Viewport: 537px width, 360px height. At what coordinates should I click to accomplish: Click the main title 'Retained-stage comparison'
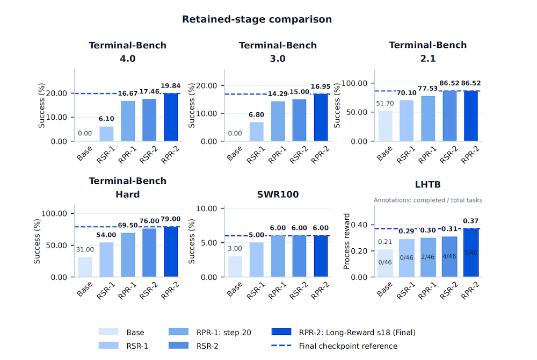click(x=257, y=19)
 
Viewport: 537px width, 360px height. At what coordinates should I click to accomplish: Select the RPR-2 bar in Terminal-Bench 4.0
click(x=171, y=117)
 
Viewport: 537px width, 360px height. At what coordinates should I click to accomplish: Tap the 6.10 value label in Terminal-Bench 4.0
click(x=106, y=119)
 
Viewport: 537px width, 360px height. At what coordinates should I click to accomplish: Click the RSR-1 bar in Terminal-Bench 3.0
click(x=257, y=132)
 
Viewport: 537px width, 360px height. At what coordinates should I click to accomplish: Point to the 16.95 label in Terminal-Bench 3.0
click(x=321, y=87)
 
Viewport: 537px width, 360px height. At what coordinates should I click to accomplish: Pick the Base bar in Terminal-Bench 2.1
click(x=385, y=126)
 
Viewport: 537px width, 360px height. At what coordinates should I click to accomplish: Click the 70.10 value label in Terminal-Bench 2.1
click(x=407, y=93)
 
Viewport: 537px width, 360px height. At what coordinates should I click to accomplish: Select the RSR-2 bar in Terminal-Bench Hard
click(x=149, y=253)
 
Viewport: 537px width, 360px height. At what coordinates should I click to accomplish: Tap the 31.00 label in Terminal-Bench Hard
click(x=85, y=250)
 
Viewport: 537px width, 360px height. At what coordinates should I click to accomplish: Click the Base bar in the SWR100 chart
click(x=235, y=267)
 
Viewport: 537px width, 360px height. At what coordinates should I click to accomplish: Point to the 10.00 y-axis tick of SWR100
click(x=207, y=208)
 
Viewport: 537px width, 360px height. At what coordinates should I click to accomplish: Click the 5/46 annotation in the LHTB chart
click(x=471, y=253)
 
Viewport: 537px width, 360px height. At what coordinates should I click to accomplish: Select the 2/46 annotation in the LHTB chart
click(x=428, y=257)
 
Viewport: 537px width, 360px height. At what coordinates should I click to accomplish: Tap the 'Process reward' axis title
click(x=346, y=241)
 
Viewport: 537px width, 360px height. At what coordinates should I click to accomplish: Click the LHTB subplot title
click(x=428, y=185)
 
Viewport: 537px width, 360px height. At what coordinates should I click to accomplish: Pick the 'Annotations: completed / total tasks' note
click(x=428, y=200)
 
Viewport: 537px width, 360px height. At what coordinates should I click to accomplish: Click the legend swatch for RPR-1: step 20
click(x=178, y=332)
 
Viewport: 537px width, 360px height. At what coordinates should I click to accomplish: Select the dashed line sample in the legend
click(x=281, y=345)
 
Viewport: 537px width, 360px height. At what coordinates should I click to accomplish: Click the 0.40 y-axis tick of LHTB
click(x=359, y=225)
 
